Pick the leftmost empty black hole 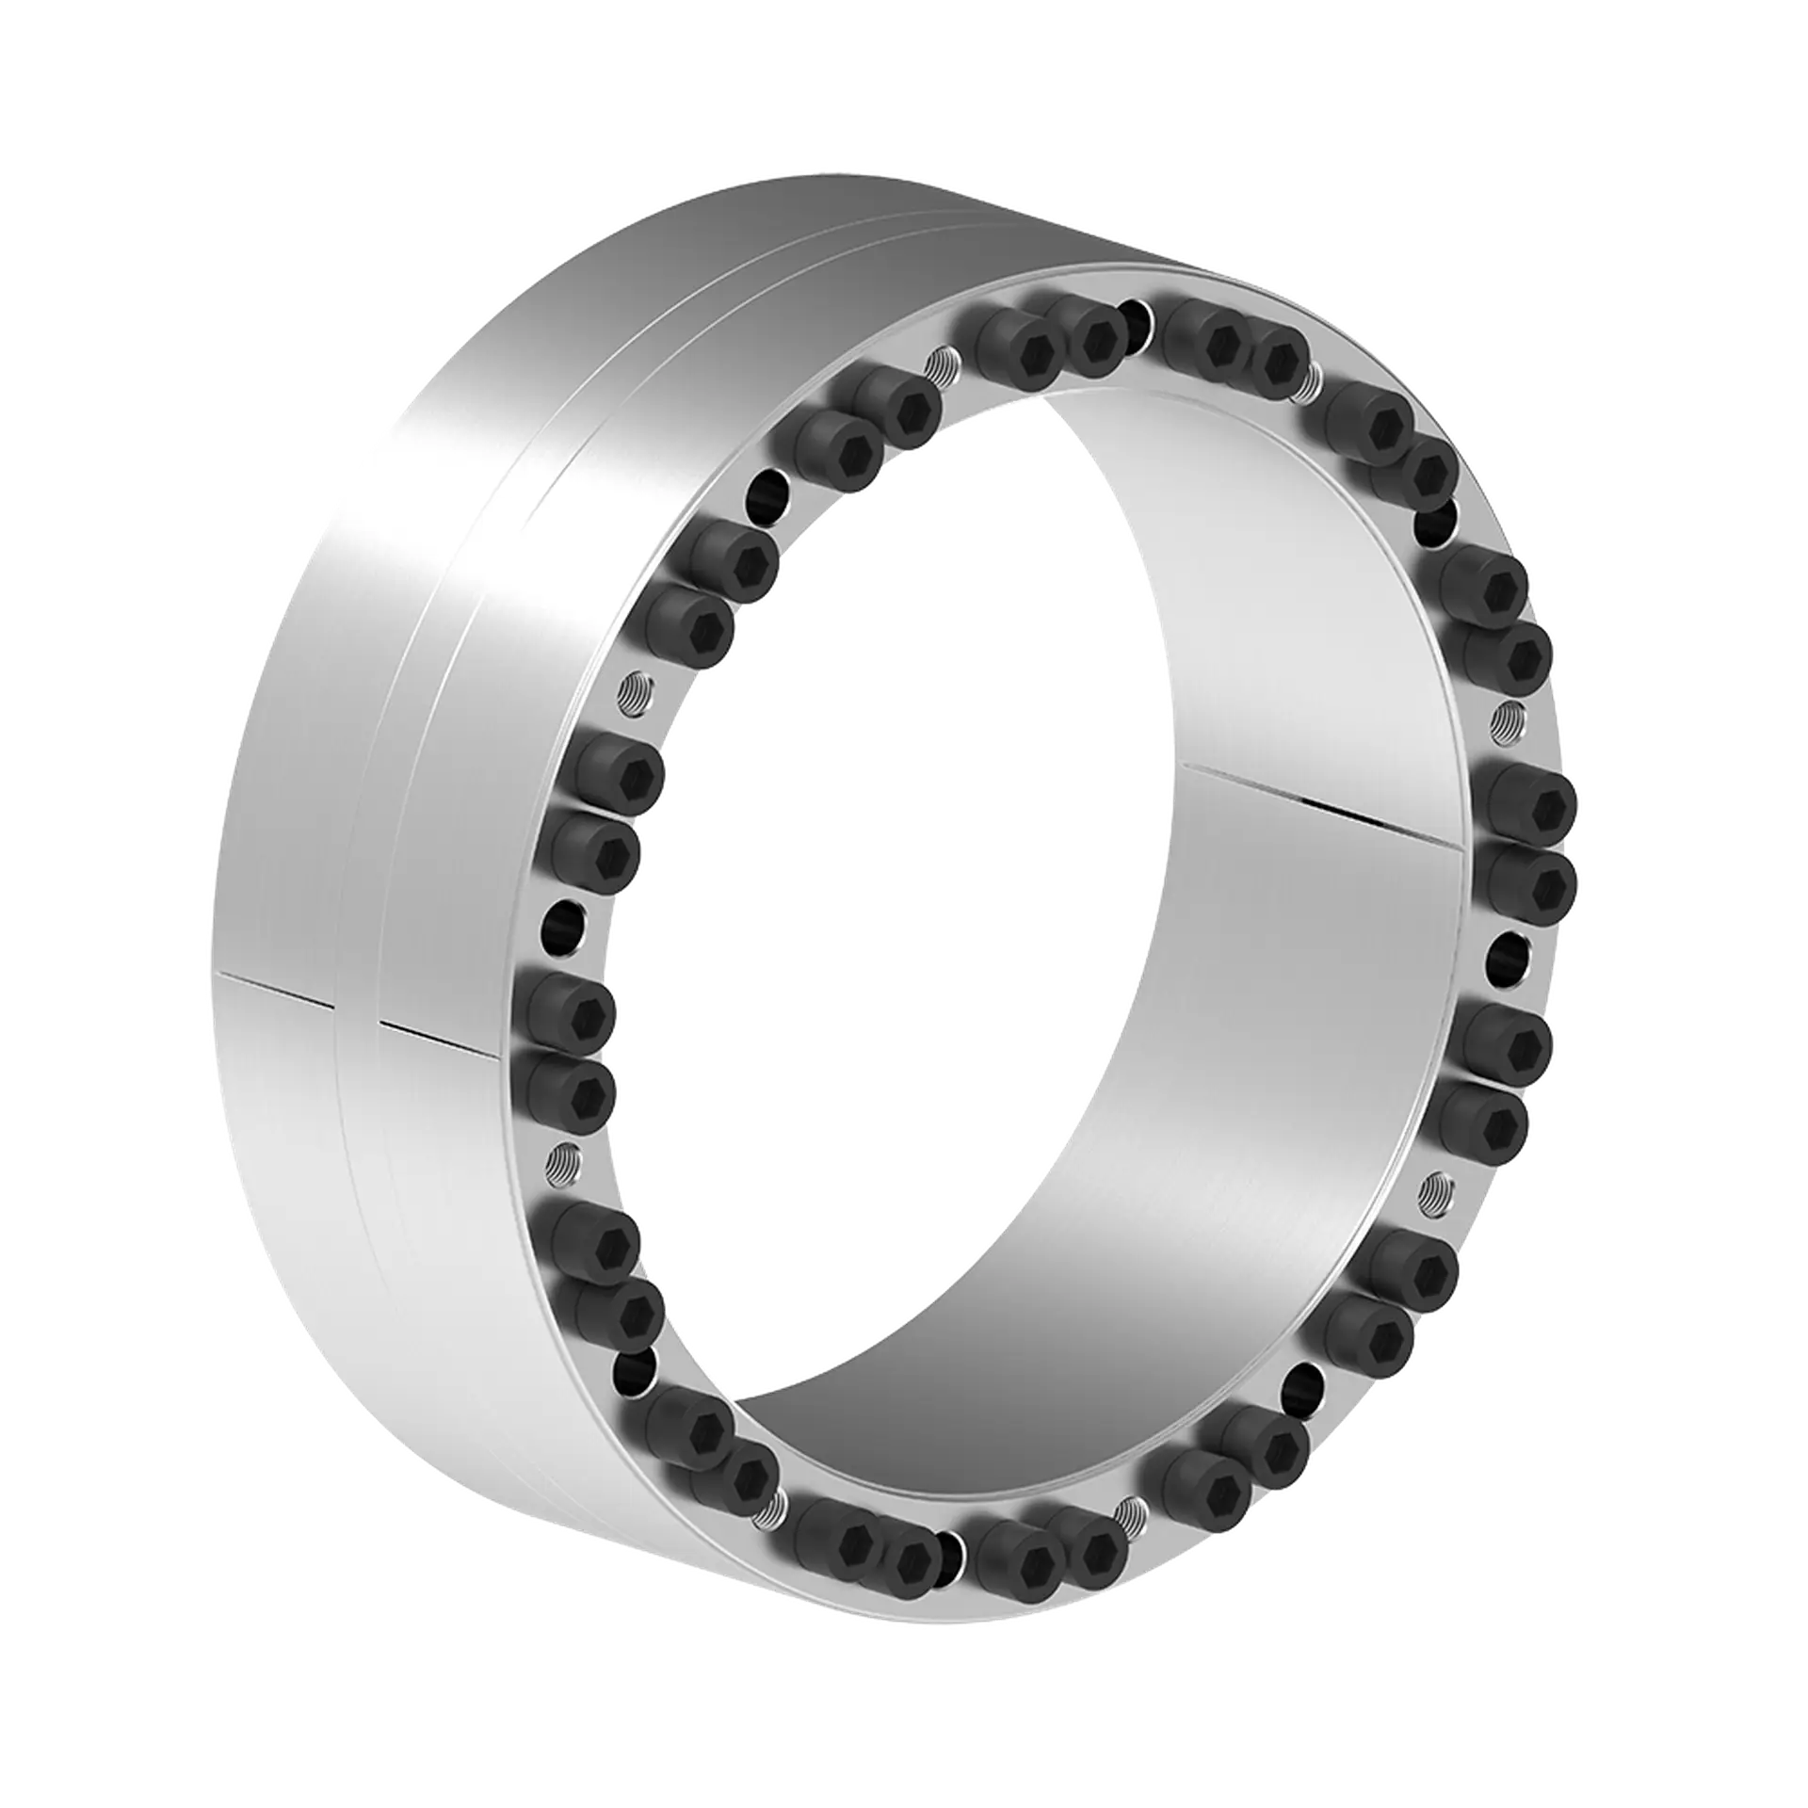click(563, 919)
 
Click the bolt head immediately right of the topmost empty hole click(1215, 344)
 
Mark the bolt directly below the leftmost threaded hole click(599, 1243)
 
